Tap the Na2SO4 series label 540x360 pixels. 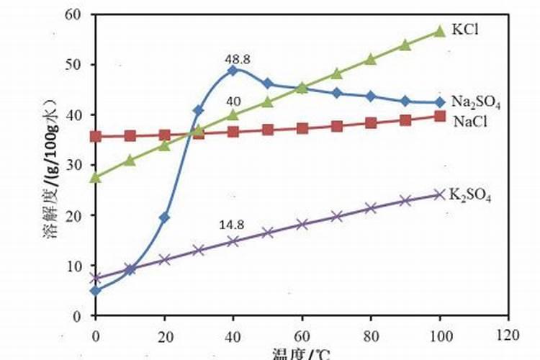pyautogui.click(x=476, y=103)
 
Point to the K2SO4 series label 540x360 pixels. pyautogui.click(x=471, y=194)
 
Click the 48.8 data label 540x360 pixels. pyautogui.click(x=238, y=60)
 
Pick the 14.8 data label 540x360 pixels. pyautogui.click(x=232, y=225)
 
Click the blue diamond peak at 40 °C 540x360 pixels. pyautogui.click(x=233, y=71)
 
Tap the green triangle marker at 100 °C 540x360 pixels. pyautogui.click(x=439, y=31)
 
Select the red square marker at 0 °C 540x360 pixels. pyautogui.click(x=95, y=136)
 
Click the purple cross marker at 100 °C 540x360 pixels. pyautogui.click(x=439, y=194)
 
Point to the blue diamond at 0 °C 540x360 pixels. pyautogui.click(x=95, y=291)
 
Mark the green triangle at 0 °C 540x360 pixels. pyautogui.click(x=95, y=176)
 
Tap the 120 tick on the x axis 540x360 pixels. pyautogui.click(x=508, y=334)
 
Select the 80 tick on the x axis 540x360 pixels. pyautogui.click(x=370, y=334)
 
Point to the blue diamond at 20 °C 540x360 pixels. pyautogui.click(x=164, y=217)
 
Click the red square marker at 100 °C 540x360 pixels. pyautogui.click(x=439, y=116)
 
